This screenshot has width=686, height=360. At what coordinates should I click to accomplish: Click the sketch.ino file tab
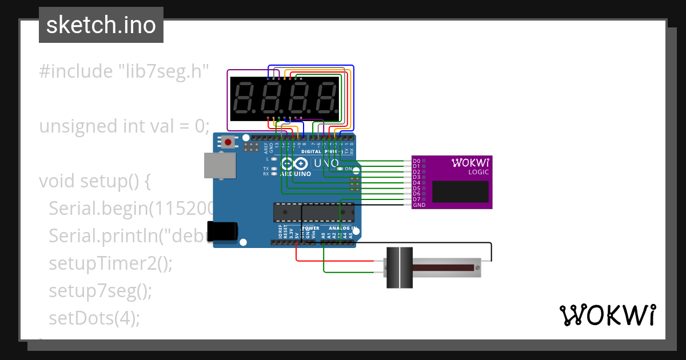(101, 25)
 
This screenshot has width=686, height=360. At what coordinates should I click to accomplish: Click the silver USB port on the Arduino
(220, 165)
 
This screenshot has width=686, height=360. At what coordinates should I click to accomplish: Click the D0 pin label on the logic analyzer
(416, 161)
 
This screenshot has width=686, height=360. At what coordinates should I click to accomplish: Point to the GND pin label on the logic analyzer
(419, 205)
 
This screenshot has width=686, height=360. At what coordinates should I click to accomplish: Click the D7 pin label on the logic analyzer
(416, 199)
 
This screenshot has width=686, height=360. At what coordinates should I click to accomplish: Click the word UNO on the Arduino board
(326, 163)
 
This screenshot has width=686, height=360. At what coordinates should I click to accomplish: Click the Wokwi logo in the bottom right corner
(607, 315)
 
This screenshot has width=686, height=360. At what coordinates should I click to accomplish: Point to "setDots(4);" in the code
(94, 318)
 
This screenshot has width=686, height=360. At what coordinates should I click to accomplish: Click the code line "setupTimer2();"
(110, 263)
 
